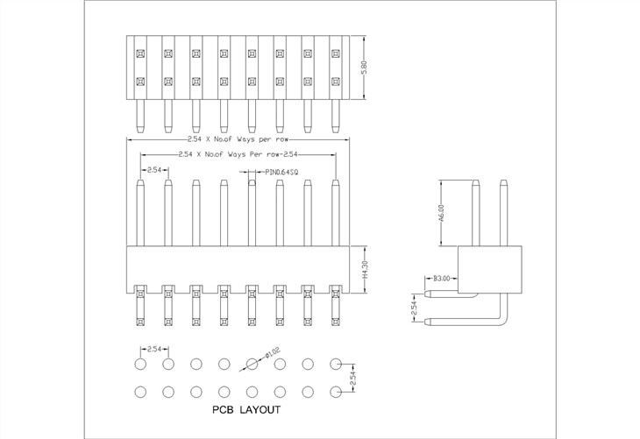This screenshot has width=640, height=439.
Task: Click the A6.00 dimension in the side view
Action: (x=442, y=214)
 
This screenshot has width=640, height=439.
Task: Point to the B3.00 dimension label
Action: (x=441, y=279)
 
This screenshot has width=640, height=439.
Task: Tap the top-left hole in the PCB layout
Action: (x=140, y=363)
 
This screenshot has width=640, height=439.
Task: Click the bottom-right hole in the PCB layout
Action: (x=336, y=391)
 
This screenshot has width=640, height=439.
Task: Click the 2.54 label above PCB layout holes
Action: (x=154, y=349)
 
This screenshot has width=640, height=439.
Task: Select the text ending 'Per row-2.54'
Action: (x=238, y=153)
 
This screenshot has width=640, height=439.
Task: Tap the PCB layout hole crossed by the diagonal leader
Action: (x=252, y=363)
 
